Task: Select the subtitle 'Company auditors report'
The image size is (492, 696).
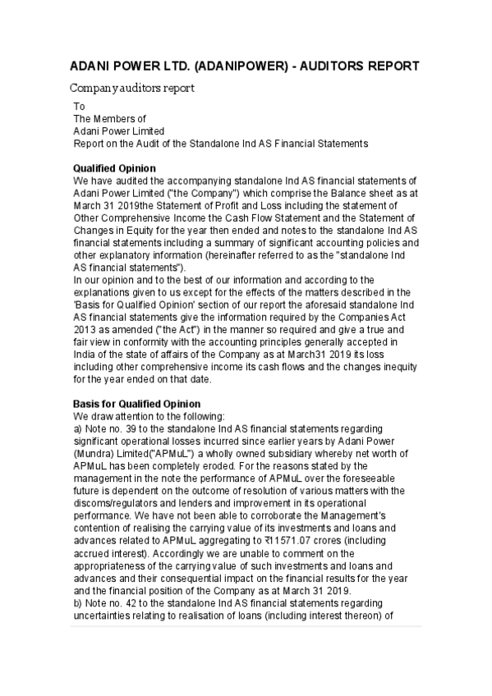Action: (x=131, y=88)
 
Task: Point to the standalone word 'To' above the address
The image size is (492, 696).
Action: (x=79, y=107)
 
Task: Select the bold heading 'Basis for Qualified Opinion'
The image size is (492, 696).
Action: (x=136, y=404)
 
